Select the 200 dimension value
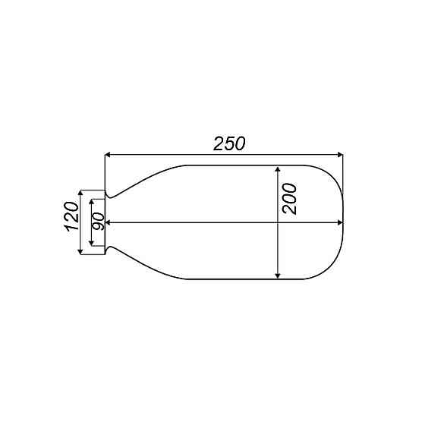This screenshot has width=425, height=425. [290, 199]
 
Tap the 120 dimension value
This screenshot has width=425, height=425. [71, 217]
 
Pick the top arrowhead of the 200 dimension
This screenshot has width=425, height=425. [279, 169]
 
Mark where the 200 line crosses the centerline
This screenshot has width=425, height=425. [279, 223]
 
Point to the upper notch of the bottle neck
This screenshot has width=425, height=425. [111, 197]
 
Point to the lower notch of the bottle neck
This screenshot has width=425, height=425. [111, 249]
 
